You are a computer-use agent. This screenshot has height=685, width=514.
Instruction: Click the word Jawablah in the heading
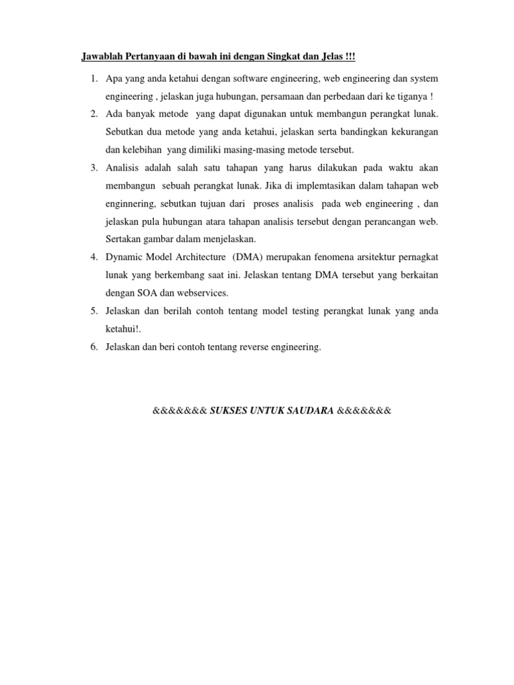click(x=100, y=55)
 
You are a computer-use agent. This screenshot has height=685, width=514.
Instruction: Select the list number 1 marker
click(x=94, y=79)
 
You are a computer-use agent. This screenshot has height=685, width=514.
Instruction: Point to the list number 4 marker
click(x=94, y=257)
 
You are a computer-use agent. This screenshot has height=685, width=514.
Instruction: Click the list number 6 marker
click(x=94, y=347)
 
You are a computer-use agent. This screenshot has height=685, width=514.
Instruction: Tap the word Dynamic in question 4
click(x=123, y=257)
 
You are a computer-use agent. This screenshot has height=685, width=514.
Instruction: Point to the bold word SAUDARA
click(x=310, y=410)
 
